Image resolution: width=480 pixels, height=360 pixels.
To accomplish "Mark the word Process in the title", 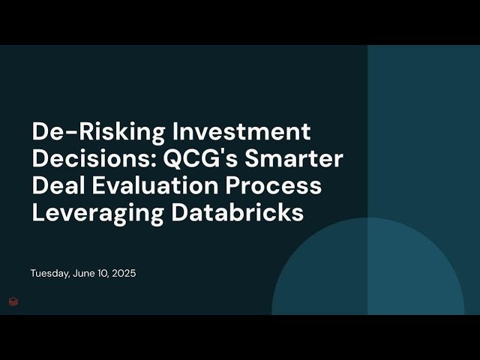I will pos(280,185).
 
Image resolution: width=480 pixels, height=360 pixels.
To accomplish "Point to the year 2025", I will pos(123,273).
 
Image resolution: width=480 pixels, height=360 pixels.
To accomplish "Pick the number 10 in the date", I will pos(103,273).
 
